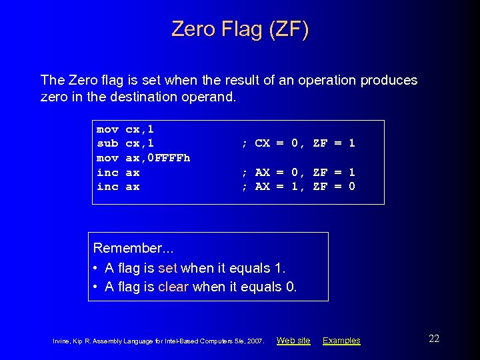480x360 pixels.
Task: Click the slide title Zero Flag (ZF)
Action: (240, 29)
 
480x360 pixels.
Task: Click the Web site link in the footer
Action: (293, 341)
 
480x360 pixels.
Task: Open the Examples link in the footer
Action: (341, 341)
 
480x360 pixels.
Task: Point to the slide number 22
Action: (434, 339)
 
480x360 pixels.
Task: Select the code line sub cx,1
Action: (125, 143)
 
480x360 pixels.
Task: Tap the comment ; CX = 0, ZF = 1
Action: (298, 143)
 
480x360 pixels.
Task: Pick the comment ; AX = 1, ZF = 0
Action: (298, 187)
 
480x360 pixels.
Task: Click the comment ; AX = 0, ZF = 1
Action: (298, 172)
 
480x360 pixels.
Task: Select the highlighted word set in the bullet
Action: (167, 268)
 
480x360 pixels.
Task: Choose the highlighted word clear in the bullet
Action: (173, 287)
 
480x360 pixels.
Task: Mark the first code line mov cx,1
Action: (125, 128)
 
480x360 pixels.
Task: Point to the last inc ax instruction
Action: (118, 187)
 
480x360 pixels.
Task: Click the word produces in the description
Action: (389, 81)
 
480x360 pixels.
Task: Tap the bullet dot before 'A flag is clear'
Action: (97, 287)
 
